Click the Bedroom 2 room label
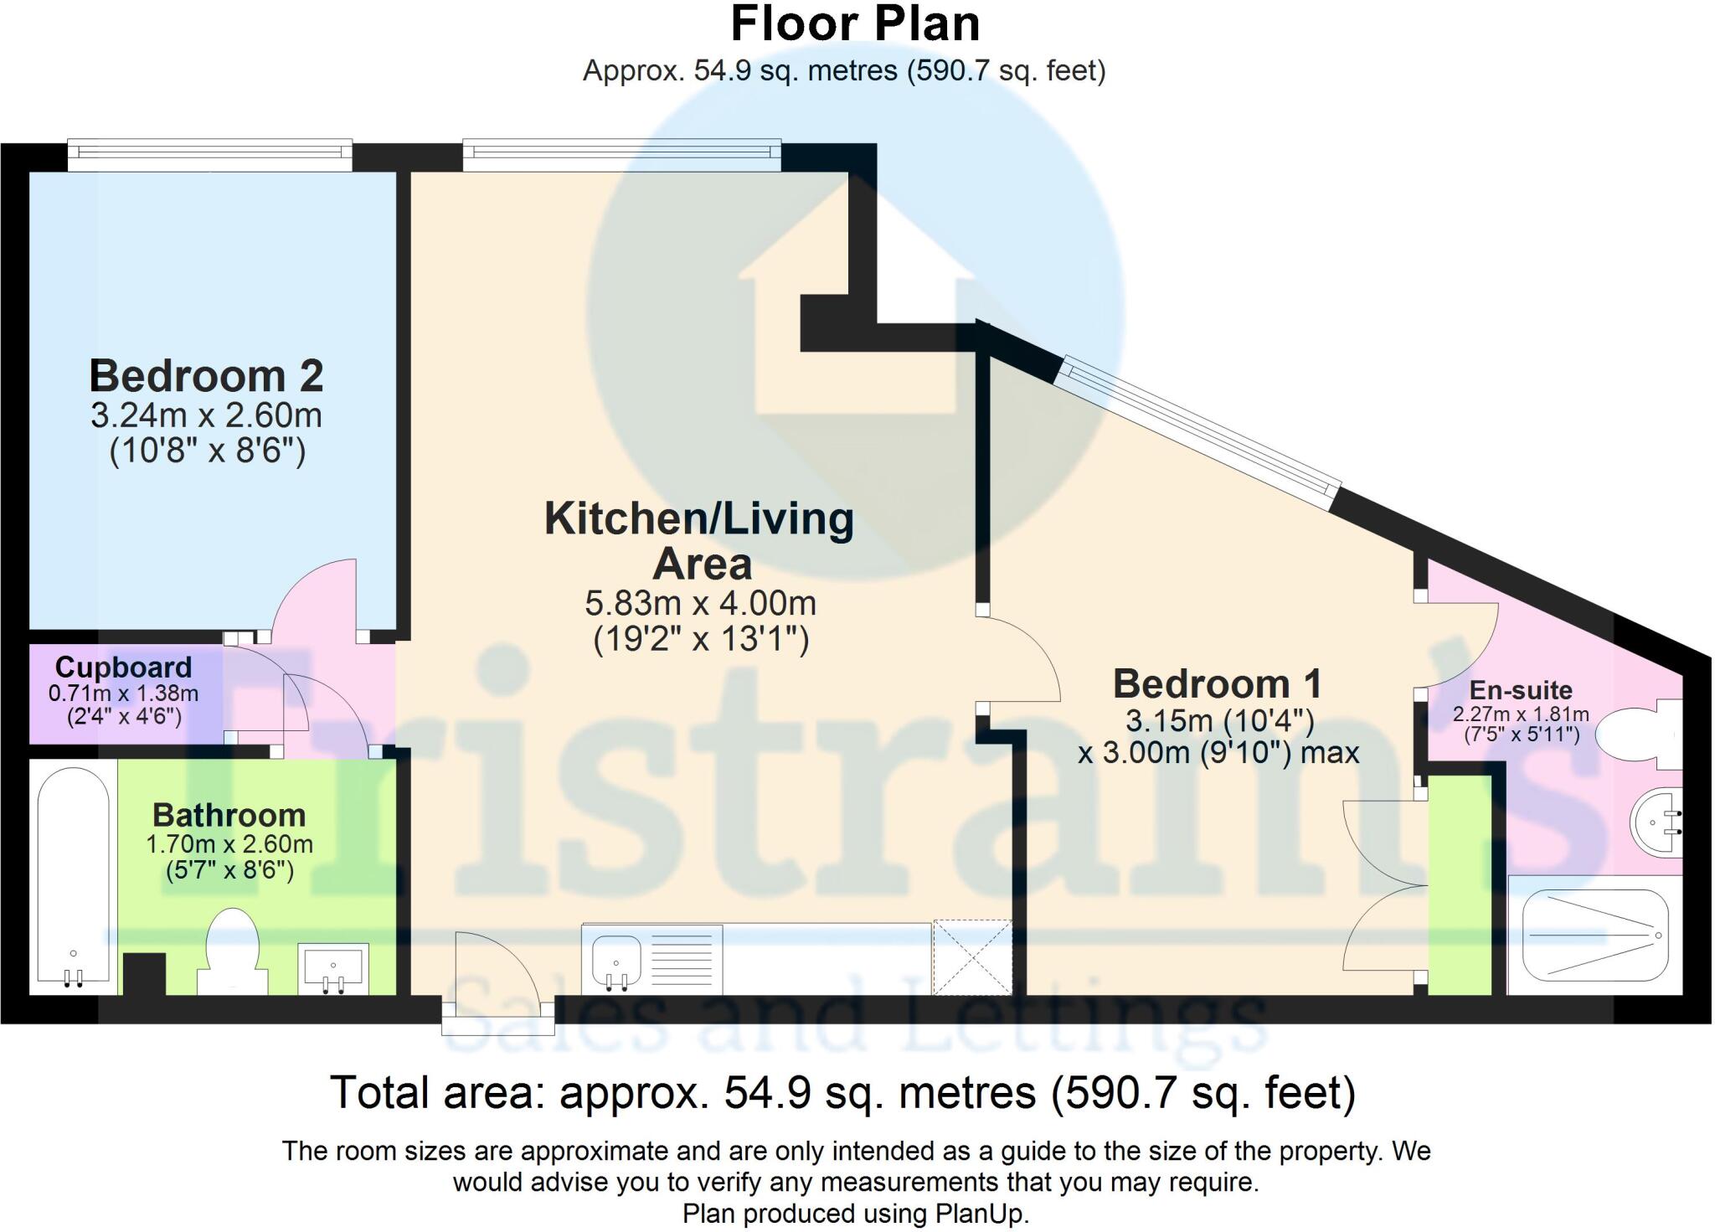206,376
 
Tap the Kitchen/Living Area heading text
699,540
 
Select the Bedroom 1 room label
1217,684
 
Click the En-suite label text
1521,691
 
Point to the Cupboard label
123,668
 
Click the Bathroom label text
229,815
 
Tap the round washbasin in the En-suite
1656,822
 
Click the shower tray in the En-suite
1594,935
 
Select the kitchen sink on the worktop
618,960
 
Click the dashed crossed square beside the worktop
972,957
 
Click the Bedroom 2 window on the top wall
209,151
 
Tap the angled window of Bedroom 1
1197,434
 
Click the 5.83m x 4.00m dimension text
700,603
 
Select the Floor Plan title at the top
855,24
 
